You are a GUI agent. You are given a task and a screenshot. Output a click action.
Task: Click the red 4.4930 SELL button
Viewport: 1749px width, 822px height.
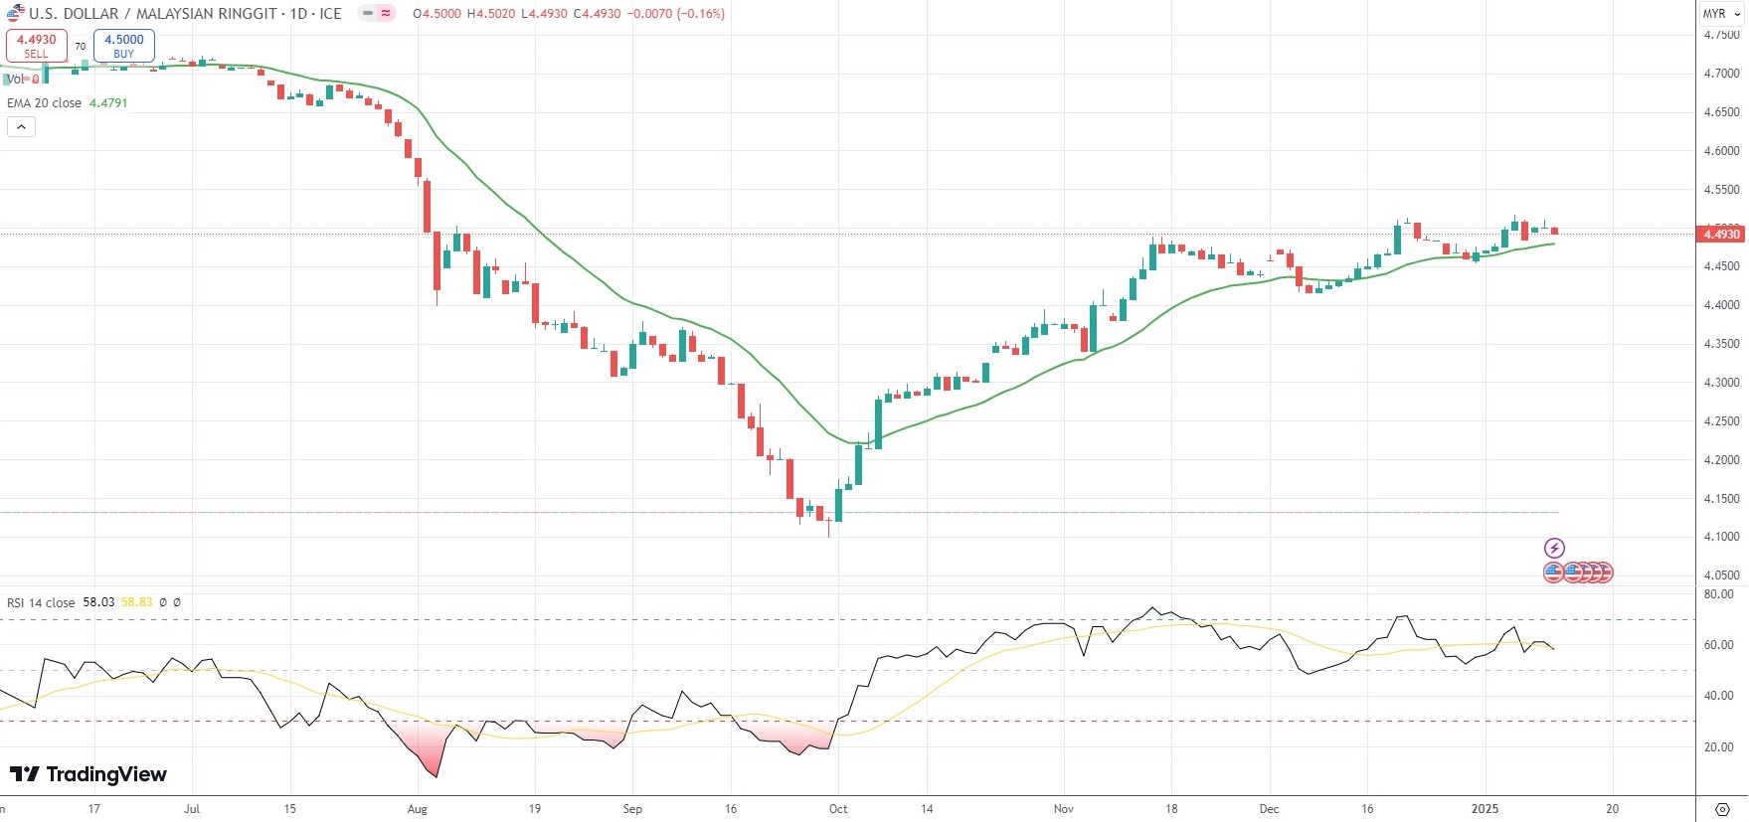click(x=37, y=46)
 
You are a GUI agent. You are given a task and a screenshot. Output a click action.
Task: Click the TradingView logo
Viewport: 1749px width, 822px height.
click(x=88, y=774)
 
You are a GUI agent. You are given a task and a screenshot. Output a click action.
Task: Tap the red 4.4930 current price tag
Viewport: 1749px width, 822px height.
click(x=1721, y=235)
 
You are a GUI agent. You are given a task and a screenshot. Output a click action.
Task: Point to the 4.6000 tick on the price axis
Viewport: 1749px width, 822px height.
click(x=1721, y=151)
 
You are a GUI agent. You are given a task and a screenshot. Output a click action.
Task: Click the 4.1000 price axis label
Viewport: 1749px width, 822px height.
click(x=1721, y=537)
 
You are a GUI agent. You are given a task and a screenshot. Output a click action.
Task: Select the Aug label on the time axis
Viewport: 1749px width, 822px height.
click(x=418, y=809)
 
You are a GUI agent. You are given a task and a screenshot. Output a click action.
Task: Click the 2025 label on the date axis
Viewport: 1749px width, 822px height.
click(x=1485, y=809)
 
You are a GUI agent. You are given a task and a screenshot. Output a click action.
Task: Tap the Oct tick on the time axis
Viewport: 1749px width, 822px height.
click(x=838, y=809)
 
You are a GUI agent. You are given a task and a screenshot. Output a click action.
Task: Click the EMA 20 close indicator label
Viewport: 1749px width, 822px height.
click(x=45, y=103)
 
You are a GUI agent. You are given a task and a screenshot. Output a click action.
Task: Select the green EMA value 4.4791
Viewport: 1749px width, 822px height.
click(x=108, y=103)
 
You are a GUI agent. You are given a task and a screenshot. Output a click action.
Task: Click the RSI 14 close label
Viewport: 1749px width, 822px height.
click(x=41, y=603)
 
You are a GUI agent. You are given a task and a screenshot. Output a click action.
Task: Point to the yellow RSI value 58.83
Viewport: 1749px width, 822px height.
click(x=137, y=603)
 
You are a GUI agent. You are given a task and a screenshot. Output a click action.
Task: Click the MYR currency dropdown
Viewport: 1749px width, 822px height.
click(x=1721, y=14)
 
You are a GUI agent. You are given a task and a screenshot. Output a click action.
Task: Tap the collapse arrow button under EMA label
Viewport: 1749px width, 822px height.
click(x=21, y=126)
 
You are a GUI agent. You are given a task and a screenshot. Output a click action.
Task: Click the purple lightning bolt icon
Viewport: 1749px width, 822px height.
click(x=1554, y=548)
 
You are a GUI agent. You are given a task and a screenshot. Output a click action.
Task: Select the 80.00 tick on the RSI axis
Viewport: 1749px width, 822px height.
click(x=1718, y=594)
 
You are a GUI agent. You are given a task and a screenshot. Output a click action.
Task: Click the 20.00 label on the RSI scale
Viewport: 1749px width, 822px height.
click(x=1718, y=747)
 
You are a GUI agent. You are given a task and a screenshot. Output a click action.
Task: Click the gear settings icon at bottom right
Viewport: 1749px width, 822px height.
click(x=1722, y=809)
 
